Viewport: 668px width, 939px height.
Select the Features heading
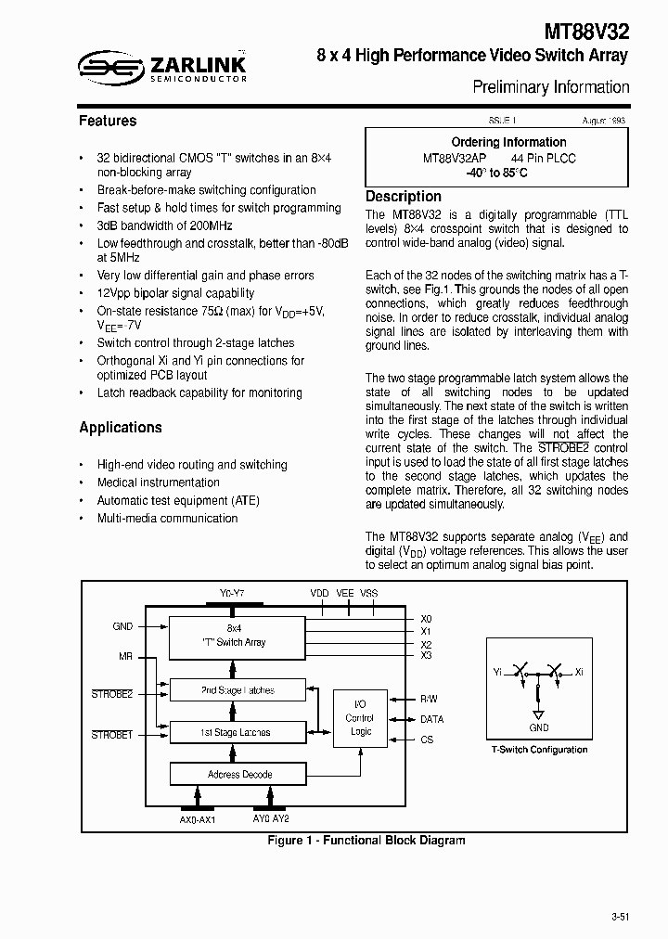coord(108,121)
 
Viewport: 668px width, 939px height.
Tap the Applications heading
coord(121,428)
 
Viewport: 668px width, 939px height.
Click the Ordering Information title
coord(508,142)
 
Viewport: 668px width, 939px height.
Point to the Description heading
coord(404,197)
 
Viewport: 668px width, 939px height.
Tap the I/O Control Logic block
coord(360,719)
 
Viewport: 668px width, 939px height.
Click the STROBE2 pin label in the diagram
coord(112,693)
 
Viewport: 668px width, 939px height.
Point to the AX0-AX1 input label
coord(196,821)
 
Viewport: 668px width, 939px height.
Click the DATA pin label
coord(432,719)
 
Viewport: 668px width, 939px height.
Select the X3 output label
coord(426,656)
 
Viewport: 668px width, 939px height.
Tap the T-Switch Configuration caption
coord(539,750)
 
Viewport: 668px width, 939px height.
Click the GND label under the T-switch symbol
coord(539,728)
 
